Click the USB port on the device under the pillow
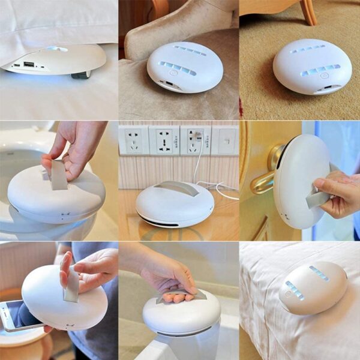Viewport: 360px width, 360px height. click(x=29, y=64)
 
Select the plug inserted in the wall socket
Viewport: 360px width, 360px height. click(x=197, y=137)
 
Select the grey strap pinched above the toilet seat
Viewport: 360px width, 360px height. click(x=59, y=173)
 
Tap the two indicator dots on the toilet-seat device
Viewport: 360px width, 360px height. click(x=65, y=214)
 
